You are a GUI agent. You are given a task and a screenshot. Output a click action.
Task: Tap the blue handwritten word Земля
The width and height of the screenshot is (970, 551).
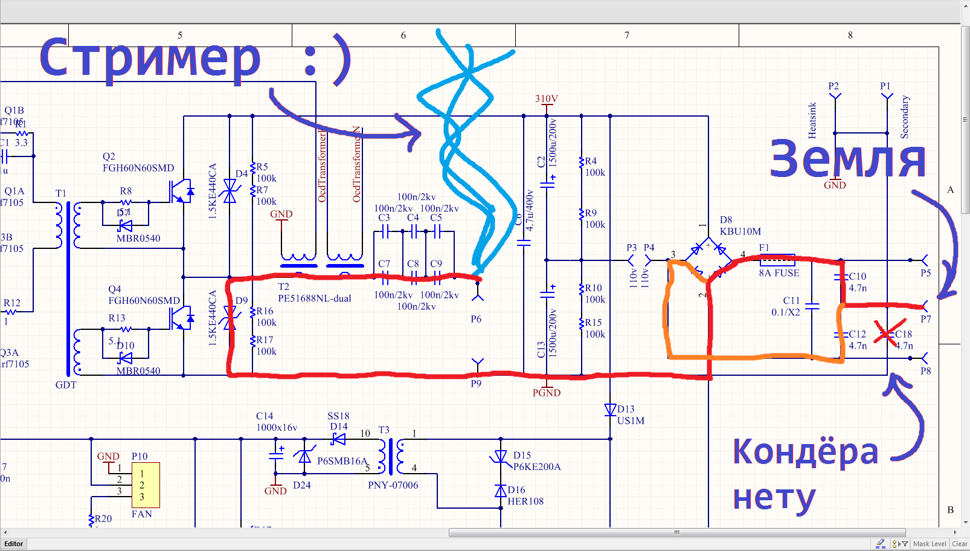click(x=847, y=159)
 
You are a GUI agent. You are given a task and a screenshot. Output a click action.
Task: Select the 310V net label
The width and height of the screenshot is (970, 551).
click(x=546, y=98)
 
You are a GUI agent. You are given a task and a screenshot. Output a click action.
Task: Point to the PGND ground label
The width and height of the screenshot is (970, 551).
click(x=546, y=393)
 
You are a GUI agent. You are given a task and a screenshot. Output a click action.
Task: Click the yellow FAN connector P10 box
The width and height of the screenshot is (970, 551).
click(x=146, y=485)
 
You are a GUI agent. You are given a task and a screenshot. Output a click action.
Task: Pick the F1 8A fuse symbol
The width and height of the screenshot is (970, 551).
click(x=777, y=260)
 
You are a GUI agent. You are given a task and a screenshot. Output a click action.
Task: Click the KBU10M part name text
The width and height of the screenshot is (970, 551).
click(x=740, y=231)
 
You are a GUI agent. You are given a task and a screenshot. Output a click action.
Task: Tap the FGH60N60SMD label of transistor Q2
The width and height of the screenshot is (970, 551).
click(x=138, y=168)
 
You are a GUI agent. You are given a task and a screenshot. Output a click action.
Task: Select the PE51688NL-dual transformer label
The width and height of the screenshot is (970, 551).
click(x=315, y=298)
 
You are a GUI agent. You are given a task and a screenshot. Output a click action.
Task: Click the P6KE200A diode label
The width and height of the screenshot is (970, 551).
click(x=537, y=466)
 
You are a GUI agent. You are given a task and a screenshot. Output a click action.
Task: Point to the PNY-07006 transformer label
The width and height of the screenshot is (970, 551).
click(x=393, y=485)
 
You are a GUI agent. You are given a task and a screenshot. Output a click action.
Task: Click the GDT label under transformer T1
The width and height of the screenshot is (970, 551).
click(x=66, y=385)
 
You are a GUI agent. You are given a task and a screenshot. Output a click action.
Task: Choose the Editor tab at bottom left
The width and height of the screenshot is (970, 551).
click(x=14, y=544)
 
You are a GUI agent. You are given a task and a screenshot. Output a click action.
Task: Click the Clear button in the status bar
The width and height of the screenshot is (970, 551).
click(x=959, y=544)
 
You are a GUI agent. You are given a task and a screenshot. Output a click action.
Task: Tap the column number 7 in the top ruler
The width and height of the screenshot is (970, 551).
click(x=627, y=35)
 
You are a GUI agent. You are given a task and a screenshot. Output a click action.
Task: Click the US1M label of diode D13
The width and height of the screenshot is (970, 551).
click(x=631, y=420)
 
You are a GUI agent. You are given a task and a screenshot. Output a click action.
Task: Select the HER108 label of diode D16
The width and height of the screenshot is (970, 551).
click(x=525, y=501)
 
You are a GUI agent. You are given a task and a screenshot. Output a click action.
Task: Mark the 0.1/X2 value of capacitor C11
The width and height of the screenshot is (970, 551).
click(x=785, y=312)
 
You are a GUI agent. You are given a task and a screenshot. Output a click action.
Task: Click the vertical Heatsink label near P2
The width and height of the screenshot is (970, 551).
click(x=812, y=120)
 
